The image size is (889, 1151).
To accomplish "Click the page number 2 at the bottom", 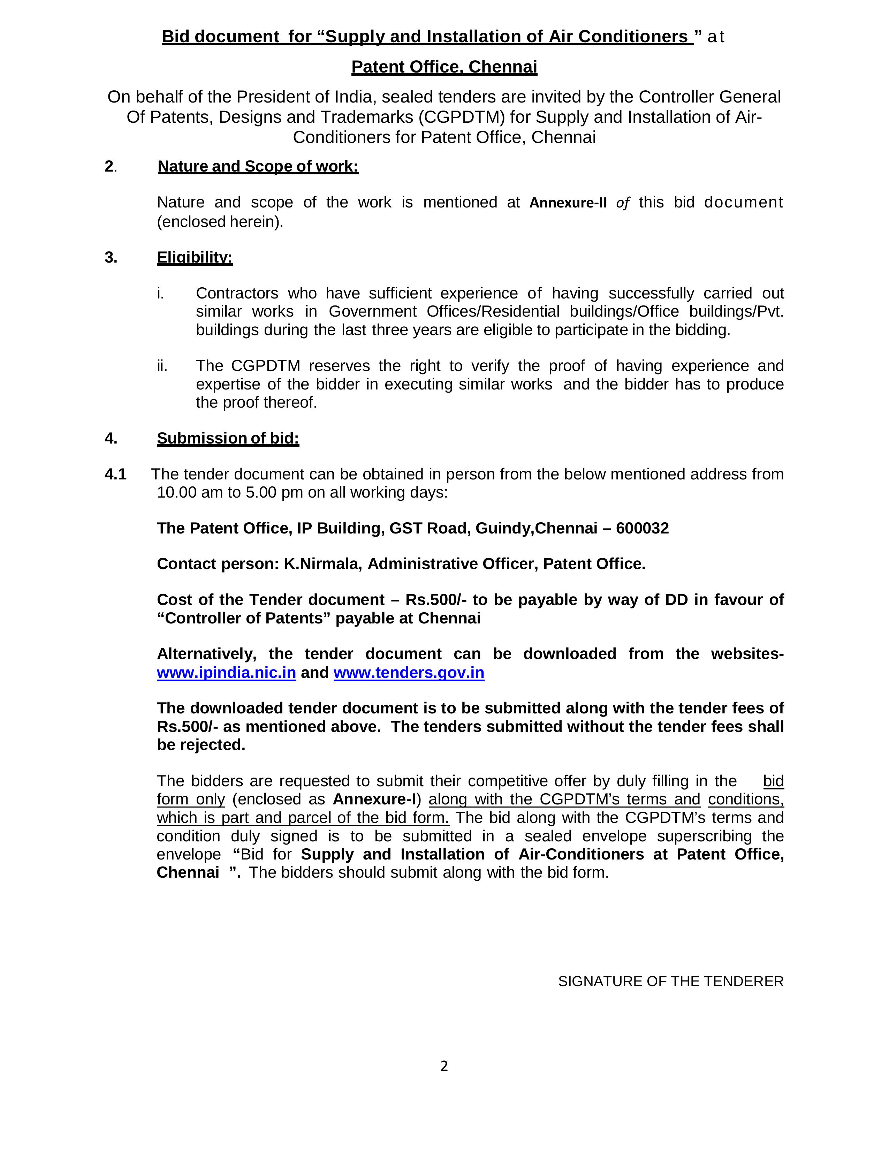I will pyautogui.click(x=444, y=1066).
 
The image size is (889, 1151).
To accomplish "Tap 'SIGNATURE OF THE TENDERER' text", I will pyautogui.click(x=670, y=981).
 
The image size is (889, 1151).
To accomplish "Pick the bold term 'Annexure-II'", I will pyautogui.click(x=568, y=203).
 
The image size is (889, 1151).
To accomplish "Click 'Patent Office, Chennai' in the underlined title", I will pyautogui.click(x=444, y=67).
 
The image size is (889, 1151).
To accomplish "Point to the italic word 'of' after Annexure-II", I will pyautogui.click(x=622, y=203).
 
